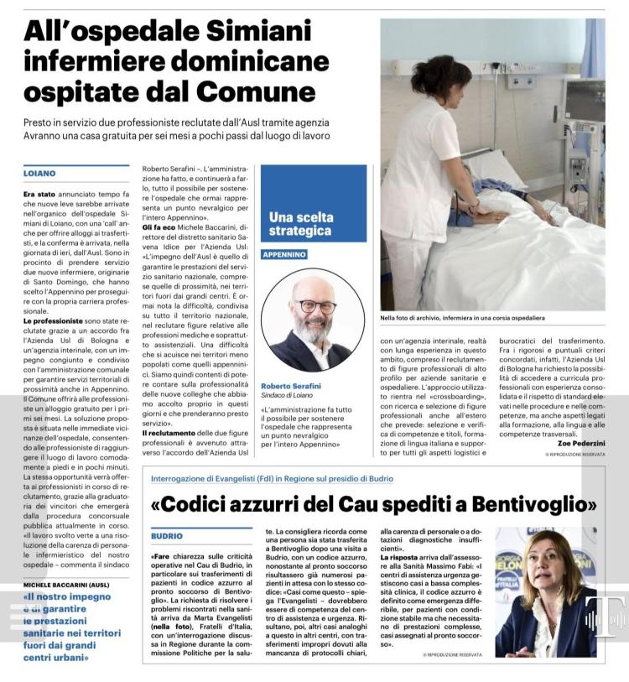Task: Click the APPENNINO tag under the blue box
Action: (x=284, y=254)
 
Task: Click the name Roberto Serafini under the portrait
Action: (x=291, y=386)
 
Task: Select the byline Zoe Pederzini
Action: (x=578, y=443)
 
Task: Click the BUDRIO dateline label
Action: (x=166, y=535)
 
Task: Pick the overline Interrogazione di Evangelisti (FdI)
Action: (x=227, y=479)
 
